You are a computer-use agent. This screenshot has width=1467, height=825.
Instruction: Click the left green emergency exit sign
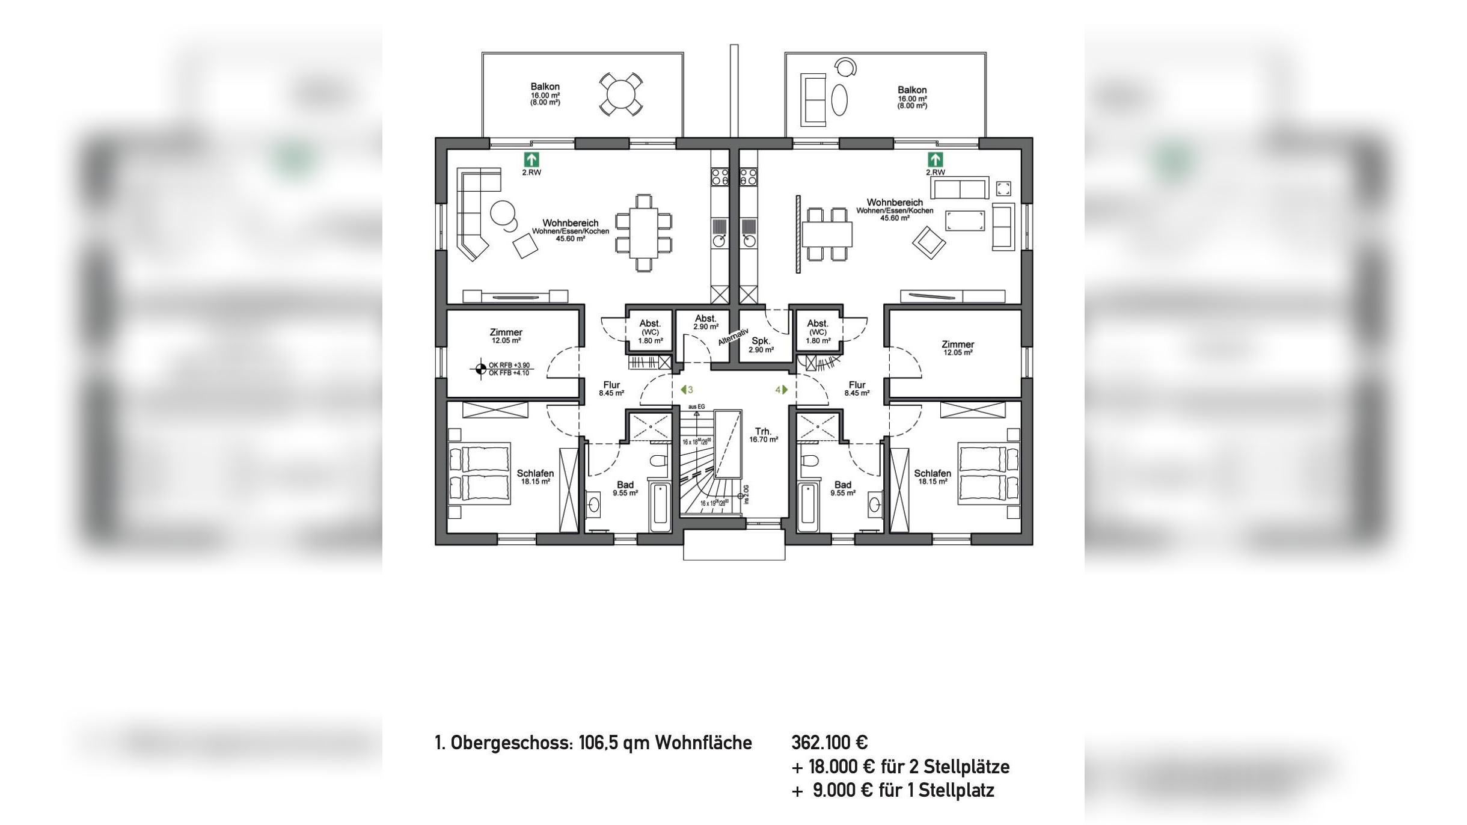531,160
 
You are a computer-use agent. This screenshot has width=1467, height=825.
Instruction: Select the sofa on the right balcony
813,100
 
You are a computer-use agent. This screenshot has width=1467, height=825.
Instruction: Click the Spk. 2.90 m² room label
761,345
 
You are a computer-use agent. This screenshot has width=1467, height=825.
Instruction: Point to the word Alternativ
733,337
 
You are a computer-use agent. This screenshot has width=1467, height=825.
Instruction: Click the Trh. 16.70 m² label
763,435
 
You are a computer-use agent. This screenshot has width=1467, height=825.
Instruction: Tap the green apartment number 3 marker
687,390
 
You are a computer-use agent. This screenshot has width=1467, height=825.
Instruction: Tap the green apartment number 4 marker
781,390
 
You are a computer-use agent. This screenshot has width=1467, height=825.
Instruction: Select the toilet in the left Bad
659,462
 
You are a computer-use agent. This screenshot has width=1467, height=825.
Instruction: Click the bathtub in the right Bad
807,505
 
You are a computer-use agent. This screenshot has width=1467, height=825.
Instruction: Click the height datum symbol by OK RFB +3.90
480,369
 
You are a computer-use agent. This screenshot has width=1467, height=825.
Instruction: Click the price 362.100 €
829,743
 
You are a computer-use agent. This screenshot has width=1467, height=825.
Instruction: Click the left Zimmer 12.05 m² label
506,336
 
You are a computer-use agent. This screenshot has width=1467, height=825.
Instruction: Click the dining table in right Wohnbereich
827,234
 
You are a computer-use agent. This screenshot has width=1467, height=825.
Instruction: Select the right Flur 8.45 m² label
857,388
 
